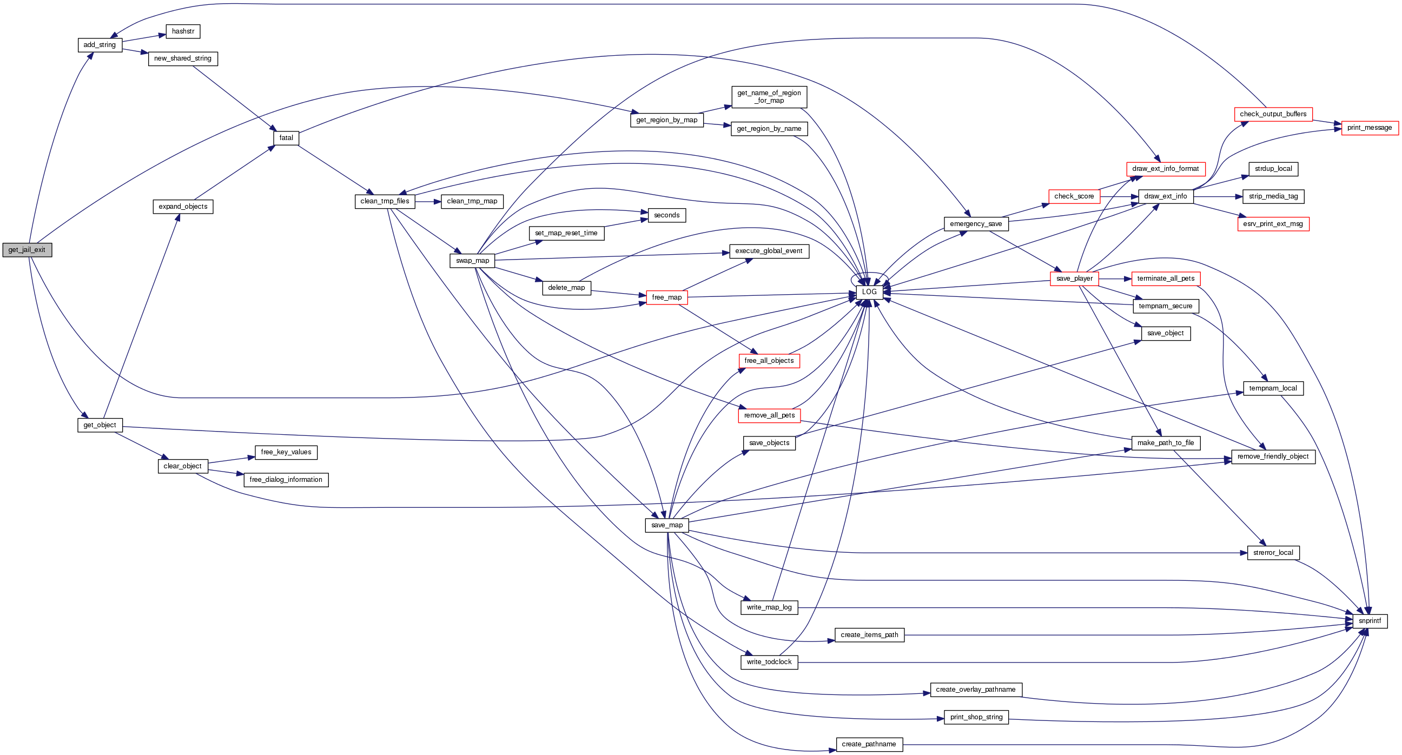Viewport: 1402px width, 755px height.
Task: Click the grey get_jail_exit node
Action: click(x=27, y=250)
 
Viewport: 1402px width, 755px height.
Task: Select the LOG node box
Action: click(x=869, y=292)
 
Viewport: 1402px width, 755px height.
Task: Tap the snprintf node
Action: click(x=1370, y=621)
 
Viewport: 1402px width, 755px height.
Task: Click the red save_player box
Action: click(x=1074, y=279)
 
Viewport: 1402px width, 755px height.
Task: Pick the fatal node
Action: click(x=286, y=138)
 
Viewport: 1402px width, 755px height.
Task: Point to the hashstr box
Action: click(x=183, y=31)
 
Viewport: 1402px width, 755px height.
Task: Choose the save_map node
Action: click(x=667, y=525)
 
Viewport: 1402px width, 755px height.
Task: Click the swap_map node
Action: click(x=472, y=261)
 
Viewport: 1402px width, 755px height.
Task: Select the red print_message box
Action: click(x=1370, y=128)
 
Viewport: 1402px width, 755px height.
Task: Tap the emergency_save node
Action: click(x=976, y=224)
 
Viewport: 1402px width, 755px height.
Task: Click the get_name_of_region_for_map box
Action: click(x=769, y=97)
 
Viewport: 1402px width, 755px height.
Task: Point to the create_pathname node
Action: click(x=869, y=744)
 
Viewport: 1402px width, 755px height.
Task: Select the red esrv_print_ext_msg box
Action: click(x=1273, y=224)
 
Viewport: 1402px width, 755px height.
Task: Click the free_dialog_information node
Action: click(x=286, y=480)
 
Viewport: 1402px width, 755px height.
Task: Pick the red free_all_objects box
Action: click(x=769, y=361)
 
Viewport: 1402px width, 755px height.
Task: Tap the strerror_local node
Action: click(x=1273, y=553)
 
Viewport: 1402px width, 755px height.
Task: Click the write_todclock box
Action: click(x=769, y=662)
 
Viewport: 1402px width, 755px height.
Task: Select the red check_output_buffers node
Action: click(x=1273, y=114)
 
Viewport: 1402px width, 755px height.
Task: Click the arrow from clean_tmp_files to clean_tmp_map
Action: click(x=428, y=201)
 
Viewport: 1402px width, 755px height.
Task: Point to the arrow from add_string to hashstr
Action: click(x=144, y=38)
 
